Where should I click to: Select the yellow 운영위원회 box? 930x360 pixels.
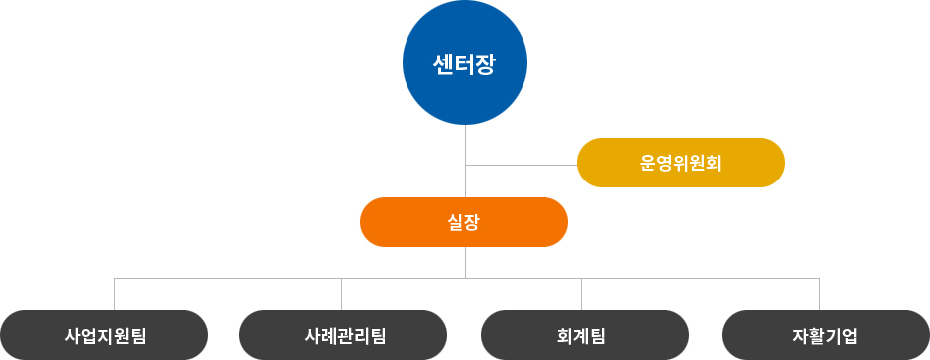pyautogui.click(x=681, y=163)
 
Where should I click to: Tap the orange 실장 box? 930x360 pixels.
pyautogui.click(x=464, y=222)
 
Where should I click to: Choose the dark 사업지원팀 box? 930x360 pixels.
pyautogui.click(x=104, y=335)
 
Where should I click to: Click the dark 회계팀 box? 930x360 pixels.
pyautogui.click(x=585, y=335)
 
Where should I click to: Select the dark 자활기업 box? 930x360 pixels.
pyautogui.click(x=826, y=335)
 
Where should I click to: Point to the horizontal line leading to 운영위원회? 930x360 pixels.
pyautogui.click(x=521, y=164)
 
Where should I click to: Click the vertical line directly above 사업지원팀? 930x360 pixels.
pyautogui.click(x=115, y=295)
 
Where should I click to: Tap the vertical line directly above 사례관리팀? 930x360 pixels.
pyautogui.click(x=342, y=295)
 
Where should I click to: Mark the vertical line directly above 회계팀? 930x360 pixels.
pyautogui.click(x=582, y=295)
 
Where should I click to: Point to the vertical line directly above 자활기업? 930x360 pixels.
pyautogui.click(x=820, y=295)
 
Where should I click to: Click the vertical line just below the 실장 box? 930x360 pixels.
pyautogui.click(x=465, y=262)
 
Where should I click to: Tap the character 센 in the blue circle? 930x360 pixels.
pyautogui.click(x=443, y=65)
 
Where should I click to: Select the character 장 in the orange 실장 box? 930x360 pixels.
pyautogui.click(x=472, y=222)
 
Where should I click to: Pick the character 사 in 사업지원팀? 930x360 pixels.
pyautogui.click(x=72, y=335)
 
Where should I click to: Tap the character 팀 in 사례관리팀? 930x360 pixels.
pyautogui.click(x=378, y=335)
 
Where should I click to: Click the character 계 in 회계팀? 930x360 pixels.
pyautogui.click(x=582, y=335)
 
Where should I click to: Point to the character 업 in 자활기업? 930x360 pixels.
pyautogui.click(x=850, y=335)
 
